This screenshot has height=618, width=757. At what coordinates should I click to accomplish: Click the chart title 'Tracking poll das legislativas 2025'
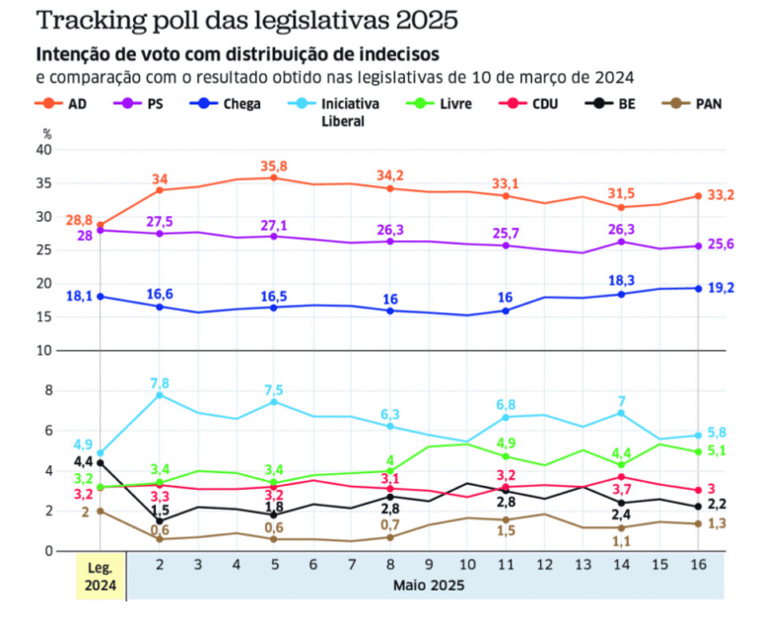click(x=233, y=20)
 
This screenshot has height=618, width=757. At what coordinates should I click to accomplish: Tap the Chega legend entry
click(x=226, y=103)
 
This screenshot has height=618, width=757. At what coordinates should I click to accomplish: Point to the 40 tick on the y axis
click(x=43, y=150)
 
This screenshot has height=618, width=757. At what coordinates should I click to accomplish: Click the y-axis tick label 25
click(x=43, y=250)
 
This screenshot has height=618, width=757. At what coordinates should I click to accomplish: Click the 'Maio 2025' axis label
click(x=426, y=585)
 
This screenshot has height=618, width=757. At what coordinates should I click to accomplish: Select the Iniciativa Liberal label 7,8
click(x=161, y=382)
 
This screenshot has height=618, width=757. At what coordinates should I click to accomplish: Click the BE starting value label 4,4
click(x=84, y=461)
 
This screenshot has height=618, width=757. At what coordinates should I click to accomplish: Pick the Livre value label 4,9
click(x=505, y=443)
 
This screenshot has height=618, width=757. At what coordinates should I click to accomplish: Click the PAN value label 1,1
click(x=621, y=541)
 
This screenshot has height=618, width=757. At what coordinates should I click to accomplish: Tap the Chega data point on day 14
click(x=621, y=294)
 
